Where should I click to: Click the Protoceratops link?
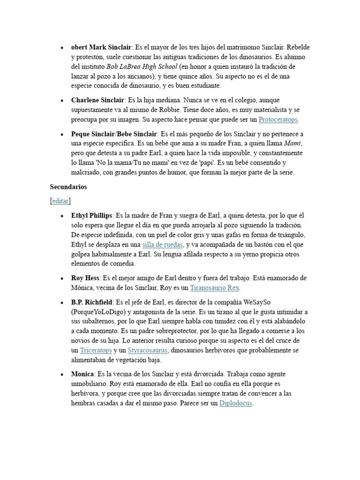pos(278,119)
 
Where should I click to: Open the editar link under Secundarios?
pos(60,201)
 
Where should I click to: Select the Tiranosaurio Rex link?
pos(217,288)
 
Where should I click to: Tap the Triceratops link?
pos(96,350)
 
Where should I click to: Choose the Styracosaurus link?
pos(148,350)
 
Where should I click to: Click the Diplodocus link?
pos(236,403)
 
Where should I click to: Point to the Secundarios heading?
pos(68,187)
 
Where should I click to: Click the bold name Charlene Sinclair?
pos(97,100)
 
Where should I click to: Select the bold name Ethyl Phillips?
pos(91,216)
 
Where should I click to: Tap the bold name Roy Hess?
pos(85,278)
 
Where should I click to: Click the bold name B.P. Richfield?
pos(92,302)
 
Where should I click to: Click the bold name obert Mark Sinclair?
pos(101,47)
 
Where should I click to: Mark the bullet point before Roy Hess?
pos(62,278)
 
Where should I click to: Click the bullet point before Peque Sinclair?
pos(62,135)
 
